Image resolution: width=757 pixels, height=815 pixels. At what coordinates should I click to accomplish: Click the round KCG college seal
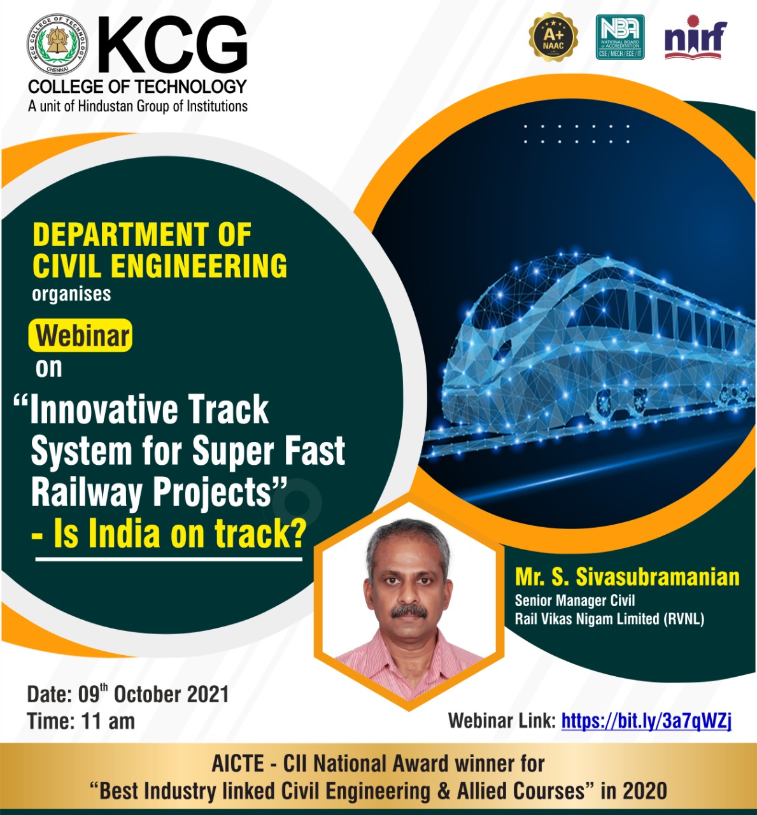coord(57,44)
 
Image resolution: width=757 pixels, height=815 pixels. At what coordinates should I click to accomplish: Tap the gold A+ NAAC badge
coord(553,36)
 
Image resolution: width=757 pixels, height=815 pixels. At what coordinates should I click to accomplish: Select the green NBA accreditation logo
coord(620,37)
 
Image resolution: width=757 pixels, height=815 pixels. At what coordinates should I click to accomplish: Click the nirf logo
coord(695,38)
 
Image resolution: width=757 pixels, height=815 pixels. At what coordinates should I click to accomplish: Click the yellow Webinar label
coord(80,336)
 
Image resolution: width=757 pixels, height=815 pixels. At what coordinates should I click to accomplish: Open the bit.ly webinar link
coord(646,721)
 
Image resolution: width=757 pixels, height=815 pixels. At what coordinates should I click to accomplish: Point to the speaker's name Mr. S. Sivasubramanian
coord(627,577)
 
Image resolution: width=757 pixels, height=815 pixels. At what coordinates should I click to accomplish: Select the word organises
coord(71,294)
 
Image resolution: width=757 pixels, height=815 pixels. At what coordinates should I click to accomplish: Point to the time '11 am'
coord(108,721)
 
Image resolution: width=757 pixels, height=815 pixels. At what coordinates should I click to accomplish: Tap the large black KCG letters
coord(173,45)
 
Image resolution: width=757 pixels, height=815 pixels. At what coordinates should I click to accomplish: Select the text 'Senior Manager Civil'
coord(575,600)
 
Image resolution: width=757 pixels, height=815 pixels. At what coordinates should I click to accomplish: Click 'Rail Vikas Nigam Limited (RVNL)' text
coord(610,618)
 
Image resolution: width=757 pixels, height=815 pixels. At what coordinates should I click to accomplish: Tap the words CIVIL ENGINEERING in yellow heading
coord(160,266)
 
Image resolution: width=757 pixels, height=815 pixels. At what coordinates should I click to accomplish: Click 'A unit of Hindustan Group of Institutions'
coord(138,106)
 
